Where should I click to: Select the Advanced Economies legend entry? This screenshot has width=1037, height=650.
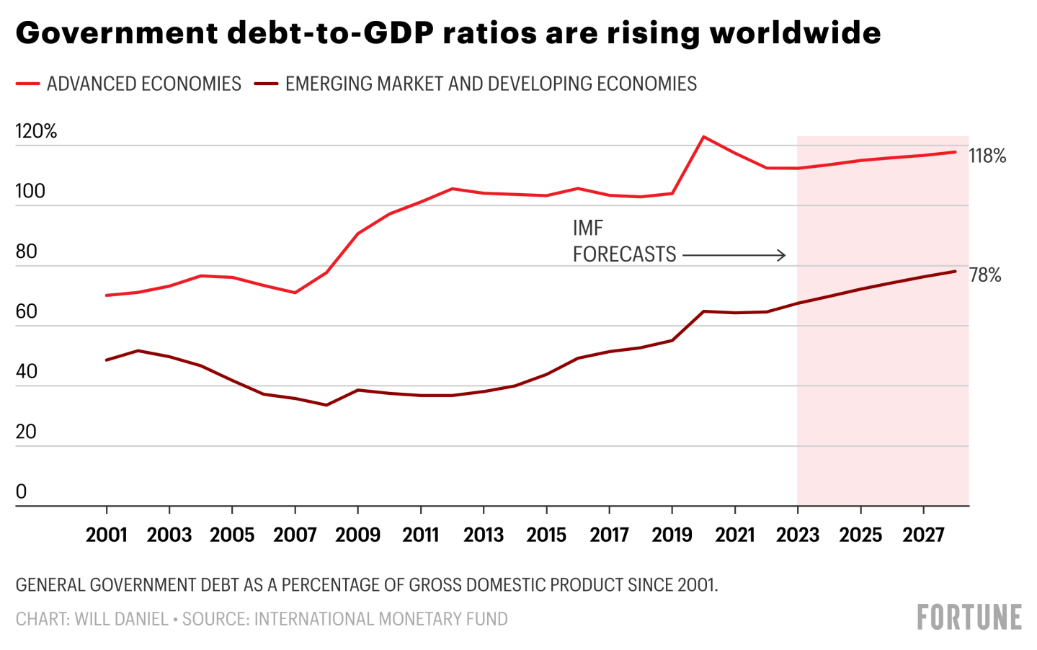(130, 84)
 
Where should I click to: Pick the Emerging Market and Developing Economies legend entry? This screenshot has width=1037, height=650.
(476, 84)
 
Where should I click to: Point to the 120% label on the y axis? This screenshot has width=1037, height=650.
(36, 131)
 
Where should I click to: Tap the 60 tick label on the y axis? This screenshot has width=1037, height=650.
(26, 311)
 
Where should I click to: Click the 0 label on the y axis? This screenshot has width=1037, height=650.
(22, 491)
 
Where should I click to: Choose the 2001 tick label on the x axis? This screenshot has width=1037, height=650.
(107, 535)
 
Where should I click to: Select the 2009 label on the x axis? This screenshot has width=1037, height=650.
(358, 535)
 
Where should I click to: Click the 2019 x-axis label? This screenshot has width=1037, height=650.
(672, 535)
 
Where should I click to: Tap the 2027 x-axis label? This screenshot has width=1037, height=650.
(924, 535)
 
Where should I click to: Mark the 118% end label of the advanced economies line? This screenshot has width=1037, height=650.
(987, 156)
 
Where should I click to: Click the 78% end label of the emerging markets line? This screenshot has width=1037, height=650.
(985, 275)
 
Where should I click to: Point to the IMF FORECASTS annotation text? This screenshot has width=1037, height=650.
(623, 241)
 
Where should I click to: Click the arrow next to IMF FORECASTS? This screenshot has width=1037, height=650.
(734, 255)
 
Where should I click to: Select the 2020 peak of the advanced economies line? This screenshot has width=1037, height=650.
(703, 136)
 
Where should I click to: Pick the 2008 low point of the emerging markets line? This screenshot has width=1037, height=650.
(326, 405)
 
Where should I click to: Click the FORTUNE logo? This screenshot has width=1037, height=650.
(969, 618)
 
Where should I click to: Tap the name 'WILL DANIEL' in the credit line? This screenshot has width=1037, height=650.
(122, 619)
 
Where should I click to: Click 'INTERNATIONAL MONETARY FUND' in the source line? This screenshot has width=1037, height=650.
(381, 619)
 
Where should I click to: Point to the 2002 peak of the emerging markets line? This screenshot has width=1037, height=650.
(138, 351)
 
